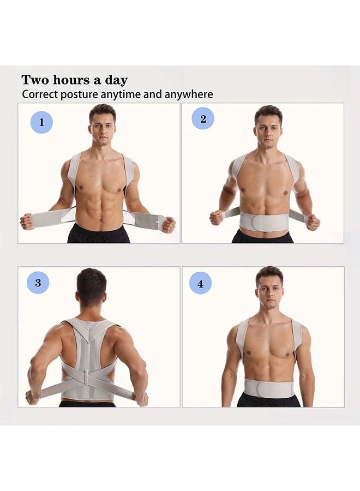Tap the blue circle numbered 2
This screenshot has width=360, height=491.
point(203,118)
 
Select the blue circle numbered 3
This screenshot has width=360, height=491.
point(38,283)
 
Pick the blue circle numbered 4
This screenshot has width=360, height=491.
point(200,283)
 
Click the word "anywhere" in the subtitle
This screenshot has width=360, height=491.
point(190,94)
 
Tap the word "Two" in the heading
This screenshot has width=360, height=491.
point(34,80)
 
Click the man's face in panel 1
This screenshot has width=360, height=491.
point(103,126)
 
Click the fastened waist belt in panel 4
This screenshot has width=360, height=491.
point(268,388)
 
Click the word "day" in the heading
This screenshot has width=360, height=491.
point(116,80)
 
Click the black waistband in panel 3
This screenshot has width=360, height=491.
point(87,404)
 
